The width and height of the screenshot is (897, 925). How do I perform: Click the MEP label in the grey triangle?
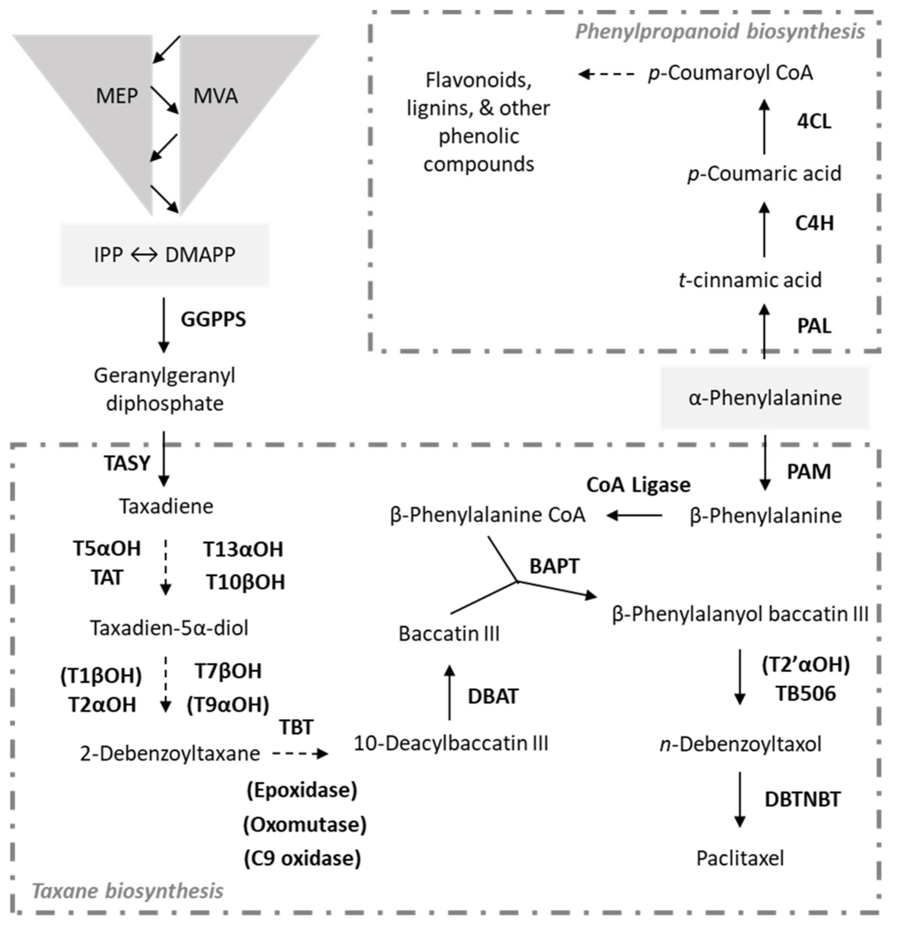pos(117,96)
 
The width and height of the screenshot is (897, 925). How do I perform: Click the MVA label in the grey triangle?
pos(215,96)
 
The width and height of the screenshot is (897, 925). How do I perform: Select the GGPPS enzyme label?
pos(213,319)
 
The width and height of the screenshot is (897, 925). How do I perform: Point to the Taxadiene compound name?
pos(166,506)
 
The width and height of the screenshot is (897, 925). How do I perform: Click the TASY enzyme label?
pos(127,463)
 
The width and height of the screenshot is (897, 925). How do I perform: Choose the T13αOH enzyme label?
pos(243,549)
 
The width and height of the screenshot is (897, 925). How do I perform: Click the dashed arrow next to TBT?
pos(300,754)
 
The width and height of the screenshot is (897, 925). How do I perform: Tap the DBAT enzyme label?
pos(493,697)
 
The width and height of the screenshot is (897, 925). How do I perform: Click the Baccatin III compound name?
pos(449,634)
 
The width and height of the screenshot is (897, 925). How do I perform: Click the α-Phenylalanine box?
pos(765,398)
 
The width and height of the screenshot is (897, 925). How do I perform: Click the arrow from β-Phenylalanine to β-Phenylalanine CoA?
pos(634,515)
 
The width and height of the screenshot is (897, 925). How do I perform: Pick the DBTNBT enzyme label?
pos(802,799)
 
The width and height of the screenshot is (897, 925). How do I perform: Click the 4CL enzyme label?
pos(814,122)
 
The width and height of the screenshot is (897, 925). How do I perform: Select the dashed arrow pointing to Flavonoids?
pos(607,74)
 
